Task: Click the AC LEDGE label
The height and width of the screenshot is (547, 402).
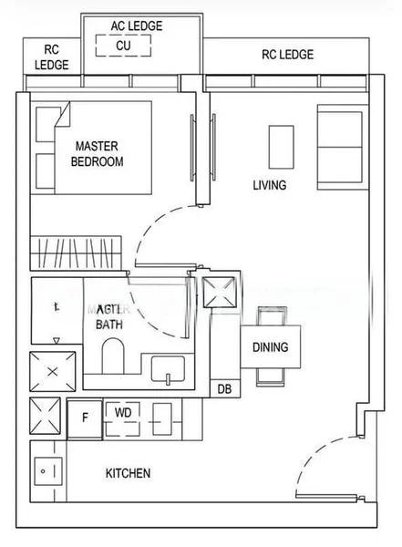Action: (137, 26)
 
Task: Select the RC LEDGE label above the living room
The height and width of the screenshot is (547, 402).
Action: (287, 55)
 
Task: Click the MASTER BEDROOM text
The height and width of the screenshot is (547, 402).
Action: (98, 153)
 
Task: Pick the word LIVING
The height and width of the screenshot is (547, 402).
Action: (270, 185)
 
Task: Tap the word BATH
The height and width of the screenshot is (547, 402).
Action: (110, 324)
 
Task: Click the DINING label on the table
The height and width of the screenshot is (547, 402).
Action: (270, 347)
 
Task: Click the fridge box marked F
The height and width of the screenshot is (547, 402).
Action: (85, 418)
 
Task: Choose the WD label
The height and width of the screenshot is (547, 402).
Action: (124, 412)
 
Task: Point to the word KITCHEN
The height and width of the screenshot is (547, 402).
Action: (128, 473)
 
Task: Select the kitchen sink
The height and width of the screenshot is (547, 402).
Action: (46, 471)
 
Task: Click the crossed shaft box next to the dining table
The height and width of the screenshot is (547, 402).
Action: (221, 297)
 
